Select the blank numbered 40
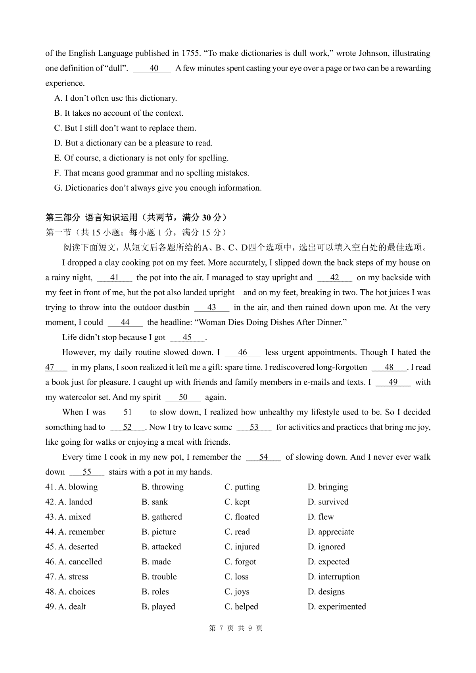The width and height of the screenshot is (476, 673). [153, 68]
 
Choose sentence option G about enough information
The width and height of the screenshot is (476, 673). [158, 188]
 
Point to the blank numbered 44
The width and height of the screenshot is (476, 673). [125, 323]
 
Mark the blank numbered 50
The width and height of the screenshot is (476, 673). [183, 397]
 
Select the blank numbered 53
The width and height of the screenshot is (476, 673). [254, 427]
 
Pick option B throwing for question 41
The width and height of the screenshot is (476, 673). [163, 487]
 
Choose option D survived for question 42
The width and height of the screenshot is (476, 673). [328, 502]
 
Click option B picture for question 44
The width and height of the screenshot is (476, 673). [159, 532]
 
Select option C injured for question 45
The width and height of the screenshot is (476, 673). [242, 547]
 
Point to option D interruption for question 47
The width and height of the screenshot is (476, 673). [334, 577]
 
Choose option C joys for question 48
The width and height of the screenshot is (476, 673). [237, 592]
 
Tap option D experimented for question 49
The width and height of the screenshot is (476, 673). [337, 607]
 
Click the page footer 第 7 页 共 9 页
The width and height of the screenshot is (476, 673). [236, 628]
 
